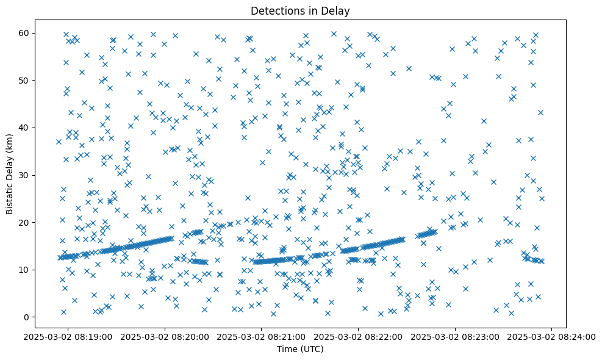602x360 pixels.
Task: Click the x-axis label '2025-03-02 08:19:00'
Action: pos(68,336)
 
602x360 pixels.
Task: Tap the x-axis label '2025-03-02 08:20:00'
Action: pos(165,336)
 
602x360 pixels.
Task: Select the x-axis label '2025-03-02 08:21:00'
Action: pos(261,336)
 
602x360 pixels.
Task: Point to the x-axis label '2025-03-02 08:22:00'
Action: pos(358,336)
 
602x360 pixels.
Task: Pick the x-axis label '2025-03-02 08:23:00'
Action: pos(455,336)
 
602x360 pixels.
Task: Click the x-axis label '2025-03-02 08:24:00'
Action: pos(552,336)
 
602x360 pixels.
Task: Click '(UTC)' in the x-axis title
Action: pos(314,349)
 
